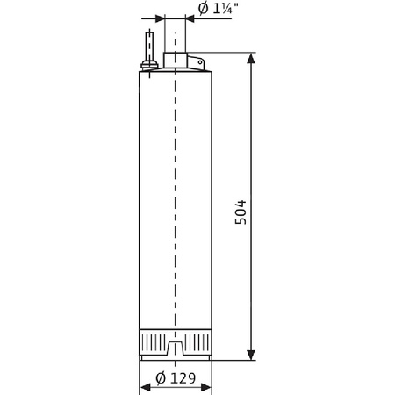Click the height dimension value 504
click(x=241, y=212)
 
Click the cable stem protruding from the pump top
click(x=150, y=44)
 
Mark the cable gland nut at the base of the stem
click(x=150, y=63)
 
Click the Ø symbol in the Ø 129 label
click(x=161, y=379)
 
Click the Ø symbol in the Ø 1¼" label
click(x=203, y=10)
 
